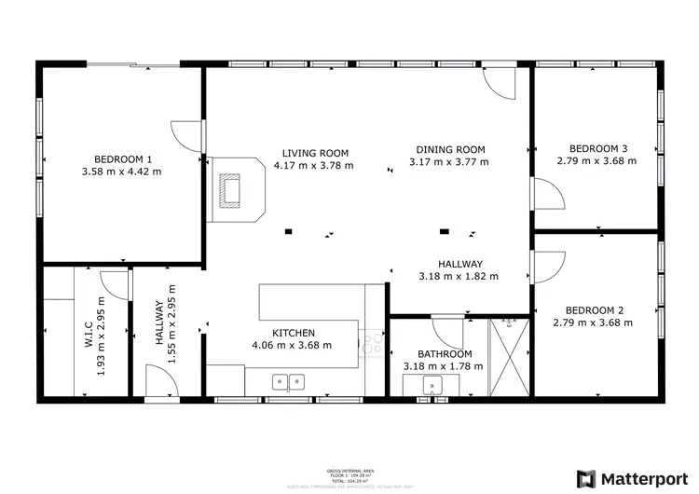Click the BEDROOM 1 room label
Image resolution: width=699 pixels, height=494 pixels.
(122, 158)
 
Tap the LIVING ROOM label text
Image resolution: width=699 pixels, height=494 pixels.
(315, 153)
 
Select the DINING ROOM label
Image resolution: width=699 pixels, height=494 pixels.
(450, 149)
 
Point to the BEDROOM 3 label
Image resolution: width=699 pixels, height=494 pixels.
(597, 148)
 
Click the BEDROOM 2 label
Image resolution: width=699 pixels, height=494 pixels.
(594, 310)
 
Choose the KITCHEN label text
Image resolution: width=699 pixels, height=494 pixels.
(293, 333)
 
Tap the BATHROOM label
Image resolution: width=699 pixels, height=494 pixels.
(444, 354)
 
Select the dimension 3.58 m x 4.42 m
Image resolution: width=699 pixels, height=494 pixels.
(122, 172)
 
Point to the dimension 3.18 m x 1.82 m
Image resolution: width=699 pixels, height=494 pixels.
(459, 276)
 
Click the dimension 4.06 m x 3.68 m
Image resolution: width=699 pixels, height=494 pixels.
(292, 345)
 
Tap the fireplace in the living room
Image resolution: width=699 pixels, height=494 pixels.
(229, 190)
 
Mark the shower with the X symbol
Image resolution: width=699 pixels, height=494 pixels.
(509, 357)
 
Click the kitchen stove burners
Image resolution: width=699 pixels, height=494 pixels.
(373, 343)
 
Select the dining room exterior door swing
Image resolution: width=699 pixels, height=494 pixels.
(500, 84)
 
